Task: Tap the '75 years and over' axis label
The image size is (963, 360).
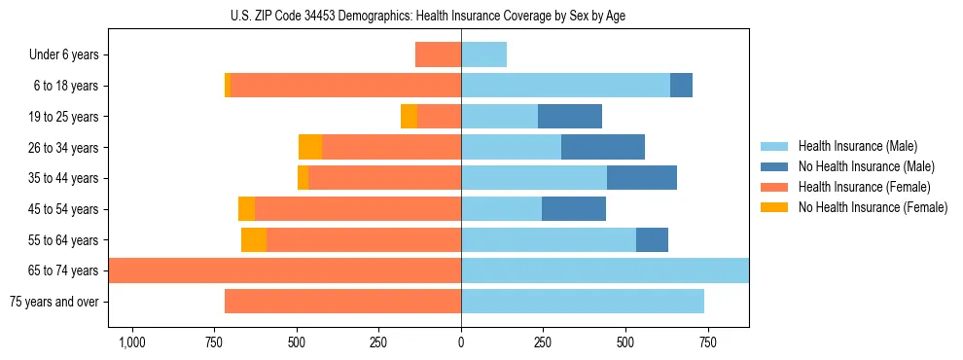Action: click(x=53, y=302)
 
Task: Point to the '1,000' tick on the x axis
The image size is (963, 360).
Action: click(x=132, y=342)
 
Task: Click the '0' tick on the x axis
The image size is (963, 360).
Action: click(x=461, y=342)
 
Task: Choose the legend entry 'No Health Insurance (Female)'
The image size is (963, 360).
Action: click(x=872, y=207)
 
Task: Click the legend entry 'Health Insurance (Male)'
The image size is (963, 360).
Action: click(x=857, y=146)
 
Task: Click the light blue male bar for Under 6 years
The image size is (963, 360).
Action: click(x=483, y=54)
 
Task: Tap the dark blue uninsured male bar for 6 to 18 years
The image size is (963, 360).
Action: click(x=681, y=86)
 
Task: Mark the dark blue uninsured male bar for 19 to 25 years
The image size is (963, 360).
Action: click(x=570, y=117)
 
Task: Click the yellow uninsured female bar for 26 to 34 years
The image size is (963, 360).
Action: click(x=310, y=147)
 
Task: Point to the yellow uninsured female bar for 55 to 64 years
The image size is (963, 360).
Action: click(x=254, y=239)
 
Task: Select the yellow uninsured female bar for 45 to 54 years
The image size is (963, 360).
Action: click(x=246, y=209)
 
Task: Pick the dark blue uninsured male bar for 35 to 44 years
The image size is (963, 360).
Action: click(x=642, y=178)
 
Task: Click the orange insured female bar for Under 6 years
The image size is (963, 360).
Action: click(x=438, y=54)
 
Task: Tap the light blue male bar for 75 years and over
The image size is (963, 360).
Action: click(x=583, y=302)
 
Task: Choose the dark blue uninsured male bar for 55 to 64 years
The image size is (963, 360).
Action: click(x=652, y=239)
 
